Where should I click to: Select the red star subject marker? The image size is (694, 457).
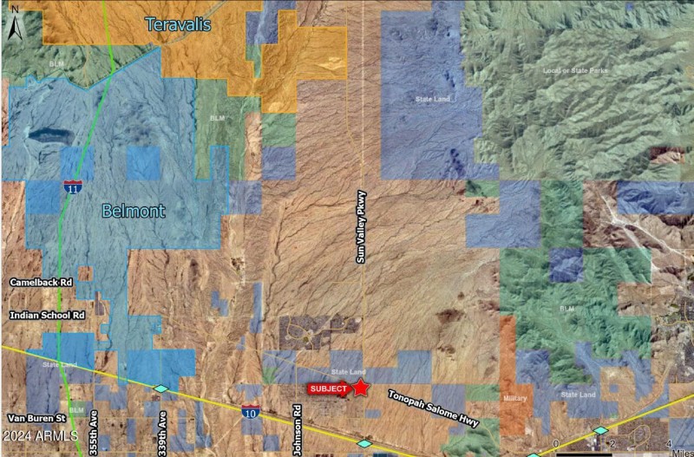pos(360,388)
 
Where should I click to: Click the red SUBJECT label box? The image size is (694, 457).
pos(329,389)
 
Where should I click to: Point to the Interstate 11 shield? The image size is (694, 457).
pos(73,186)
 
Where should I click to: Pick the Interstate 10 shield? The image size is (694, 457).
pos(251,413)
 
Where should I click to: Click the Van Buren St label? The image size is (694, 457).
pos(36,417)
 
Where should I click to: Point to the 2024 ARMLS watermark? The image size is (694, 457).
pos(40,435)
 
